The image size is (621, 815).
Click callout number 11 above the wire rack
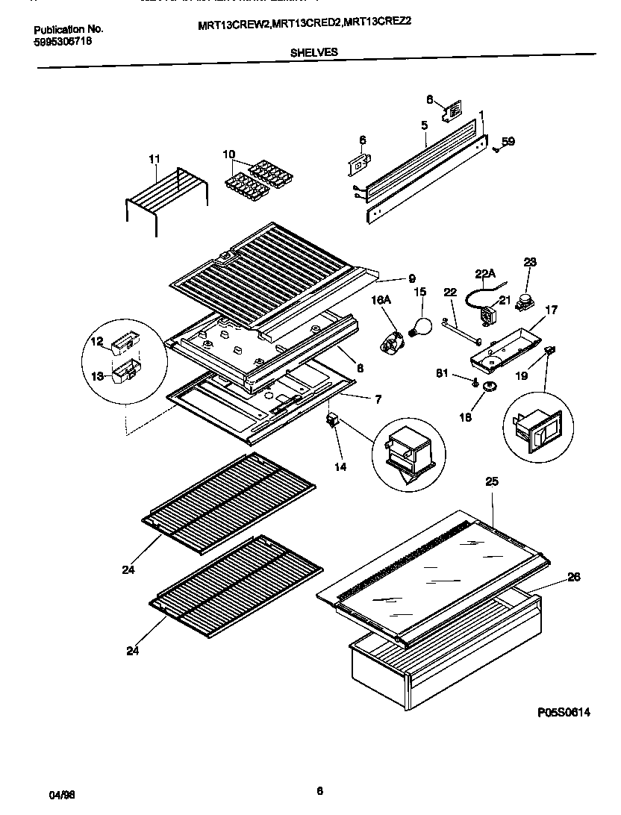click(x=155, y=159)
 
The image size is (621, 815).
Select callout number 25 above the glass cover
click(x=491, y=483)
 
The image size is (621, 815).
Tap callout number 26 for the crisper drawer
click(x=573, y=576)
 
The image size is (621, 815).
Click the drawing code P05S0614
click(x=564, y=713)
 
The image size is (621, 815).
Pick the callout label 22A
click(x=485, y=275)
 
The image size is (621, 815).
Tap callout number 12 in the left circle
click(x=97, y=342)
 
